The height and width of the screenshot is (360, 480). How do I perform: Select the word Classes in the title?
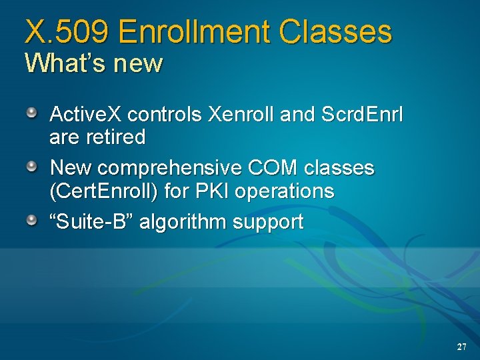point(336,32)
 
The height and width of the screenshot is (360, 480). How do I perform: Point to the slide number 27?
point(461,347)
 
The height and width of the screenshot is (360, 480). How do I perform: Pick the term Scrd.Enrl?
point(362,115)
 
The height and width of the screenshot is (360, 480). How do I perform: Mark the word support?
point(267,222)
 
